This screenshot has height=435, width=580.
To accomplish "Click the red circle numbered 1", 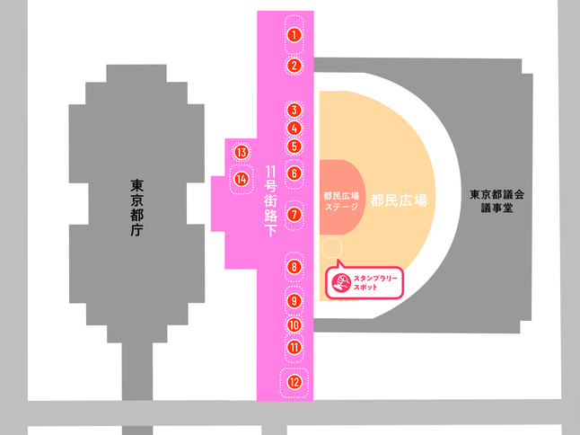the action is (x=294, y=35).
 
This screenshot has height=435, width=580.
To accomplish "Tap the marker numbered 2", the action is (x=294, y=66).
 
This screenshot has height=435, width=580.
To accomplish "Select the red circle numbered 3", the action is (x=294, y=111).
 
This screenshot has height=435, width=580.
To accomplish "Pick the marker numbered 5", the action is (x=294, y=146).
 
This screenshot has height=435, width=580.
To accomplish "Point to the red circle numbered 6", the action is (x=294, y=173).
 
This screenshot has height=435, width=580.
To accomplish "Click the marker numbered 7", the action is (x=294, y=214).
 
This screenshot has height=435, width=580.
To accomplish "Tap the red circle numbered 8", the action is (x=294, y=267).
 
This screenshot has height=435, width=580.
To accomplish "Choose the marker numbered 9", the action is (x=294, y=300).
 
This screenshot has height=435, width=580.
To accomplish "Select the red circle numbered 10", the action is (x=294, y=325).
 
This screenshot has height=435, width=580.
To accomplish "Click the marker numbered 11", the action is (x=294, y=347).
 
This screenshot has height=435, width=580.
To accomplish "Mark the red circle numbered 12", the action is (x=294, y=382).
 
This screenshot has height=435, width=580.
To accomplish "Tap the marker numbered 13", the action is (x=242, y=152).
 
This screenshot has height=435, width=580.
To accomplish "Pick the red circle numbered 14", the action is (x=242, y=180).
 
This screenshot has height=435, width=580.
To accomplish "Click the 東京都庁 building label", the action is (x=136, y=208).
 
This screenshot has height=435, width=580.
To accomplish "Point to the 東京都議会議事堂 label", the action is (x=497, y=201).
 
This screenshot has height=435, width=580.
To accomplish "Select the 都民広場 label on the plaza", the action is (x=399, y=200).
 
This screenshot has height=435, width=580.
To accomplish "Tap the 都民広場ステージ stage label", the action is (x=341, y=201).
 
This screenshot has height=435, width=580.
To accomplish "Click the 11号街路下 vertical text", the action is (x=271, y=201).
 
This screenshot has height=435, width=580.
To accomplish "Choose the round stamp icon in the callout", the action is (x=341, y=283).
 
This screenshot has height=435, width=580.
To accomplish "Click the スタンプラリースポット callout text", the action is (x=375, y=283).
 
